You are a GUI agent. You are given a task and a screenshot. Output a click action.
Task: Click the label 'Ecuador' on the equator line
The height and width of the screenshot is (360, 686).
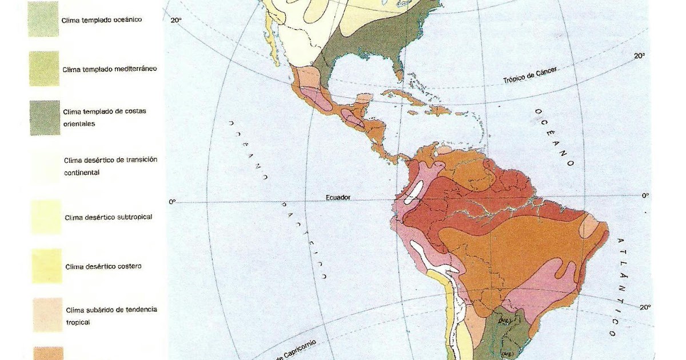coord(338,197)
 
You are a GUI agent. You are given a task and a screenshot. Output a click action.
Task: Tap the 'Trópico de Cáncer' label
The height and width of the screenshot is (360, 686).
coord(530,75)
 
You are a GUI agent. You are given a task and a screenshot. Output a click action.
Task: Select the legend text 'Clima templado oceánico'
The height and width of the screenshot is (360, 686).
coord(102,19)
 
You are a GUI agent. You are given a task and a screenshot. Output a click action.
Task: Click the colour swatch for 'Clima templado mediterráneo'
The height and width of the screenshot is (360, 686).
coord(44,69)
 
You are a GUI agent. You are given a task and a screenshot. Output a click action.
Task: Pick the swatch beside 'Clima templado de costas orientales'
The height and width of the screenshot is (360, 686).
coord(45,118)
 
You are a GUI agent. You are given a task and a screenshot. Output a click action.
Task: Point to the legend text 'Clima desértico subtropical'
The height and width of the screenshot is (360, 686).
coord(109,217)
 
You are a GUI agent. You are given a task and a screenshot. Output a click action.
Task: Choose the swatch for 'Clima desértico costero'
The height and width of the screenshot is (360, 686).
coord(46,266)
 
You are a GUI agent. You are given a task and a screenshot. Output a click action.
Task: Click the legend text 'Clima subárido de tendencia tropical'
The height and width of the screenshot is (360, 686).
coord(111,315)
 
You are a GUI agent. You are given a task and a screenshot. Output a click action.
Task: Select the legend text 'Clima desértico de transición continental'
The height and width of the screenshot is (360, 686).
coord(111,166)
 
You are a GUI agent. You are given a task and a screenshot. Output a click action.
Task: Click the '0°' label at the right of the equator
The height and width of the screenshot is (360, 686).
coord(645,195)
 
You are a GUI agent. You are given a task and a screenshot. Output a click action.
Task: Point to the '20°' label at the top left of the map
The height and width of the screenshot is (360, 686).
coord(176,21)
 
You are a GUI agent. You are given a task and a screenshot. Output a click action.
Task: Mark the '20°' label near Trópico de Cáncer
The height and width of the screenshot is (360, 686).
coord(639,56)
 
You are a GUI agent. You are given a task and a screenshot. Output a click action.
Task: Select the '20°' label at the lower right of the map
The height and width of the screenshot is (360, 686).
coord(645,307)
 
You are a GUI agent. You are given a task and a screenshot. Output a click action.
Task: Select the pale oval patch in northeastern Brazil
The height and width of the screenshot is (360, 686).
coord(589,227)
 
